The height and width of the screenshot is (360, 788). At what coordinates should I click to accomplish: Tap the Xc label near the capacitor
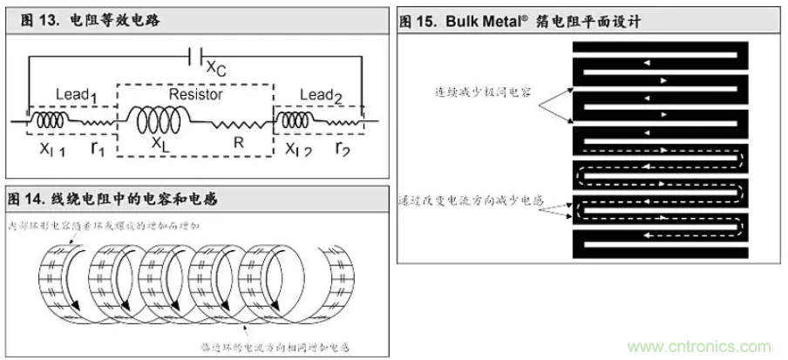(x=215, y=64)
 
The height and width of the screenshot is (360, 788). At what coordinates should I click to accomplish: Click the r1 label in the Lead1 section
(x=98, y=147)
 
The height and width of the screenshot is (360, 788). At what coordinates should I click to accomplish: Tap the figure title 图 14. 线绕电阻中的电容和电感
(x=112, y=200)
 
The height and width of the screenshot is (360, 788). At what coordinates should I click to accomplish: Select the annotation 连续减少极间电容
(x=485, y=91)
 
